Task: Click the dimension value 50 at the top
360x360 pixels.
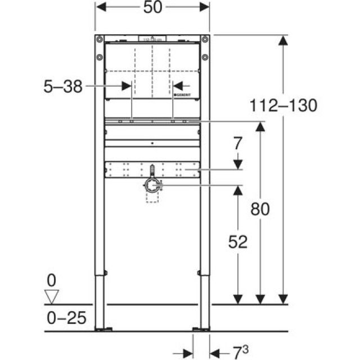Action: coord(152,7)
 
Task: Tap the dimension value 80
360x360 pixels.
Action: coord(259,209)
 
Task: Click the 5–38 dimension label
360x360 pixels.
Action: coord(63,86)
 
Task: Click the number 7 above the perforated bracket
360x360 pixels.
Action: coord(238,143)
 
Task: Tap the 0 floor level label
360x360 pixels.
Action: coord(52,279)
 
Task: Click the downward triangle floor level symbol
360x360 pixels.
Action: coord(52,296)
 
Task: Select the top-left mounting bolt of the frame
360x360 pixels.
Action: coord(100,39)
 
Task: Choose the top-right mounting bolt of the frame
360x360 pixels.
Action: coord(205,39)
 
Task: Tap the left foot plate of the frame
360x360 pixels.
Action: coord(100,328)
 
